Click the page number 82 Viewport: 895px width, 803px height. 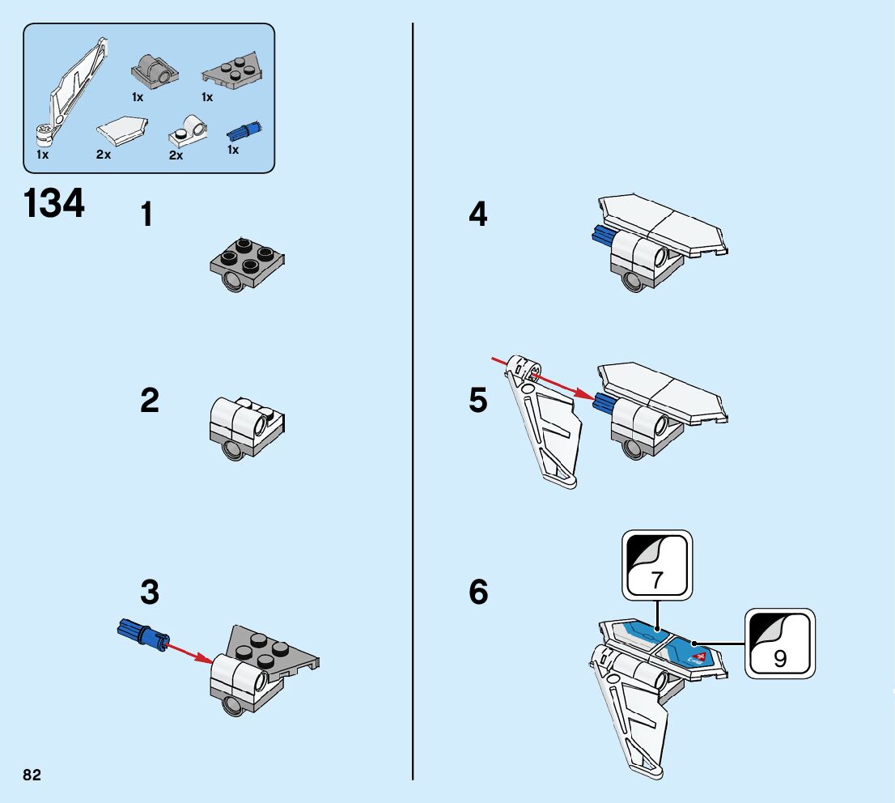pyautogui.click(x=32, y=775)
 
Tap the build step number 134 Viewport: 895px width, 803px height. pyautogui.click(x=54, y=203)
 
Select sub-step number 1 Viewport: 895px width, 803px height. pyautogui.click(x=146, y=215)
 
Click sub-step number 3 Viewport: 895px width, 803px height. pyautogui.click(x=150, y=593)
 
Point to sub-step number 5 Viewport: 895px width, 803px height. pyautogui.click(x=478, y=401)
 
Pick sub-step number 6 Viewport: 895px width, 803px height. pyautogui.click(x=478, y=593)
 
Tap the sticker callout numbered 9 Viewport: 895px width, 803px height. pyautogui.click(x=779, y=644)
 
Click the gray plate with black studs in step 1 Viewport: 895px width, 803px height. pyautogui.click(x=246, y=261)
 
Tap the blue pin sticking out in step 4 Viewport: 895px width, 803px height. pyautogui.click(x=602, y=236)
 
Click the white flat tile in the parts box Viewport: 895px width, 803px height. pyautogui.click(x=122, y=129)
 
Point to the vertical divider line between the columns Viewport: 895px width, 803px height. pyautogui.click(x=413, y=405)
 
